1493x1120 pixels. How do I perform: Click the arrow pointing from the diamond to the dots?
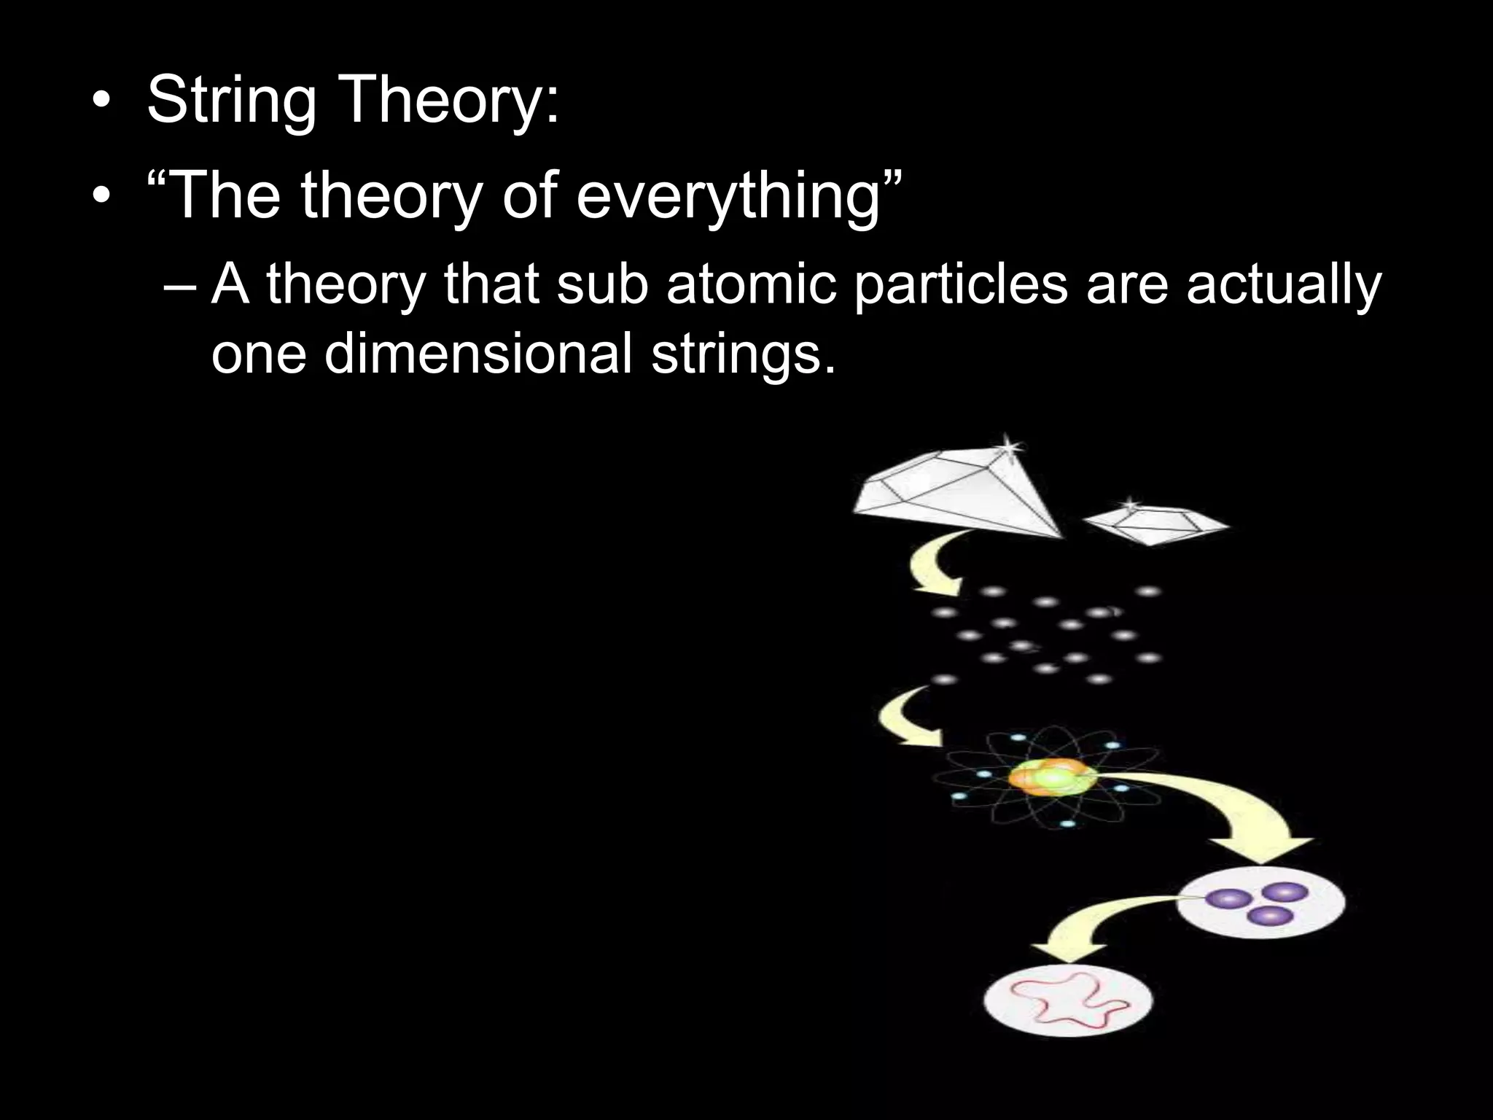(933, 564)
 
